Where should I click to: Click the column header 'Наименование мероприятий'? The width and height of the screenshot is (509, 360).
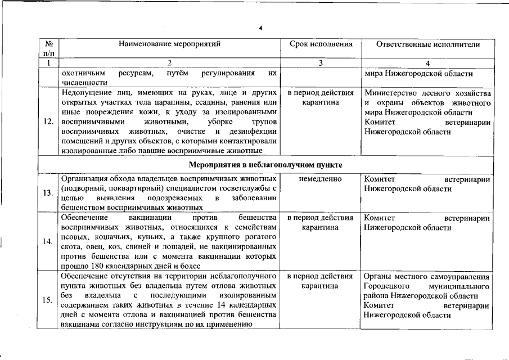[x=169, y=43]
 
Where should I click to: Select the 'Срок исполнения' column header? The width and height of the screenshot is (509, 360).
[x=321, y=43]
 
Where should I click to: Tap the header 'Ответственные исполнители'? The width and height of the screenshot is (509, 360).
[x=427, y=43]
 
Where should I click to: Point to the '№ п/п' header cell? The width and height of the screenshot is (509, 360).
[x=48, y=48]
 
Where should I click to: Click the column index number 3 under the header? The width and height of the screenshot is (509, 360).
[x=321, y=63]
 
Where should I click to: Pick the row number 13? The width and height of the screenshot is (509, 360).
[x=48, y=193]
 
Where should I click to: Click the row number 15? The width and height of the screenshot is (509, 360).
[x=48, y=299]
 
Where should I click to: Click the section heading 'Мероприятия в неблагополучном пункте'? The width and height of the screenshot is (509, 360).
[x=266, y=164]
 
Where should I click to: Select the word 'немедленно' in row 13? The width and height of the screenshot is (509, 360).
[x=321, y=179]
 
